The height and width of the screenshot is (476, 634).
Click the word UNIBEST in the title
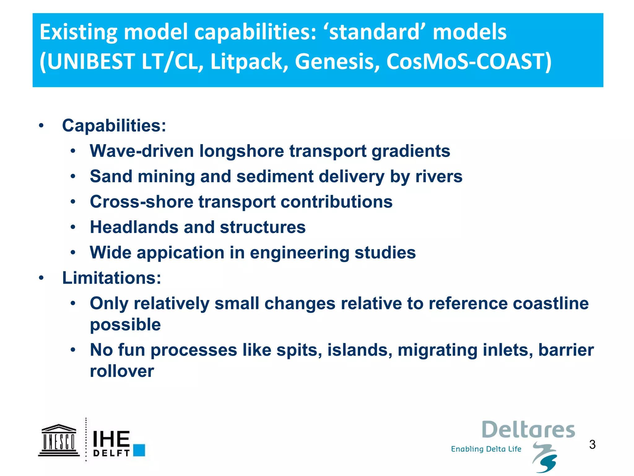[x=91, y=61]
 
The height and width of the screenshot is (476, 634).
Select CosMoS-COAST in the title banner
[x=466, y=61]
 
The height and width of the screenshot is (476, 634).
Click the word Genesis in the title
[x=337, y=61]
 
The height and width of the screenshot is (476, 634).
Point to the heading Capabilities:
[x=114, y=126]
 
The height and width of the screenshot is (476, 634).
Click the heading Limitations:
[x=111, y=278]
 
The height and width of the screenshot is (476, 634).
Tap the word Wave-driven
[x=141, y=151]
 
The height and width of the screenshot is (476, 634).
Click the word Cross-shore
[x=141, y=202]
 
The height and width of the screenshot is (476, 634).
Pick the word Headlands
[x=134, y=227]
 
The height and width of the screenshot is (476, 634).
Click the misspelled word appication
[x=180, y=253]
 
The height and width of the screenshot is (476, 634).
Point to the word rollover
[x=122, y=371]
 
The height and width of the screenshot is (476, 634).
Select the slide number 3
[x=592, y=445]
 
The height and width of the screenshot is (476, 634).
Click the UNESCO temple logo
[x=59, y=440]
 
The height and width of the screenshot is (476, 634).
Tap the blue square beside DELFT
[x=139, y=450]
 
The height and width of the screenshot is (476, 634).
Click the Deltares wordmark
[x=528, y=430]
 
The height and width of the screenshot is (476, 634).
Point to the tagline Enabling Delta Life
[x=486, y=449]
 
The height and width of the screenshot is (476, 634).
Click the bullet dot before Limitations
[x=41, y=278]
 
